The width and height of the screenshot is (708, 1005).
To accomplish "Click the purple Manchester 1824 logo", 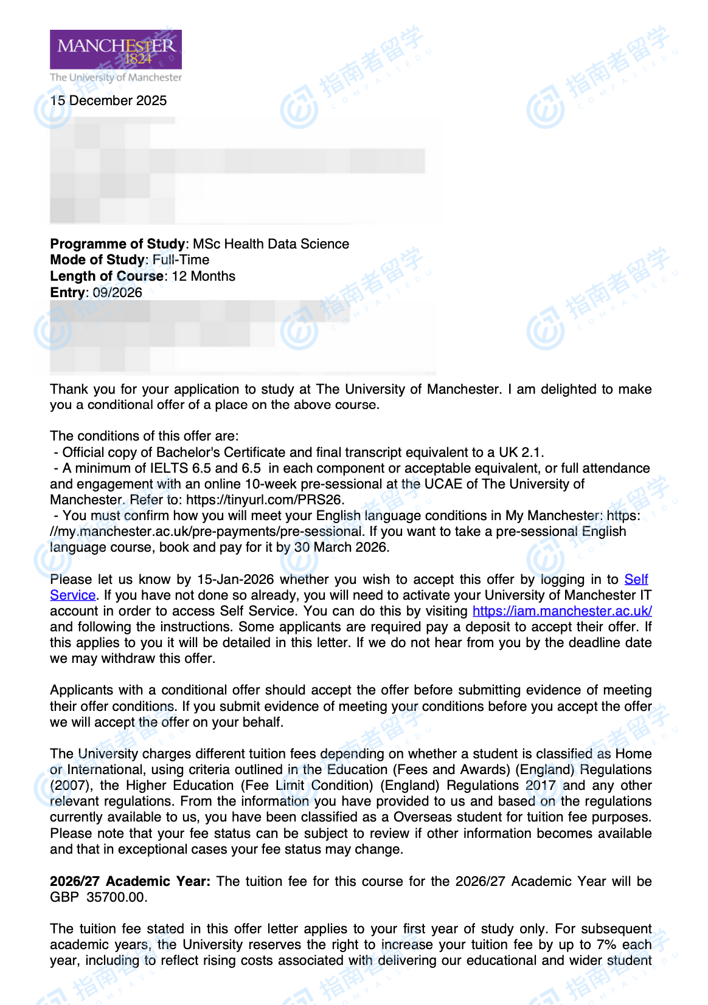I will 116,50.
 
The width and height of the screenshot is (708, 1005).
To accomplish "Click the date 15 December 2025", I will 108,101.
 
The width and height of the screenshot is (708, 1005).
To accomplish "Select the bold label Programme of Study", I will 117,244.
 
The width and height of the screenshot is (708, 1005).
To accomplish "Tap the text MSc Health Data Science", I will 271,244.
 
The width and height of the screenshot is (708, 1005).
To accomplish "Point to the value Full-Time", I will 181,260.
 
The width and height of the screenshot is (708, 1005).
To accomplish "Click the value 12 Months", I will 203,276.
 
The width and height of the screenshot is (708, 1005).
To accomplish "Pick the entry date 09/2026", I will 117,293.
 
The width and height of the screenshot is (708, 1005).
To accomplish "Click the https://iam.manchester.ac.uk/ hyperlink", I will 562,611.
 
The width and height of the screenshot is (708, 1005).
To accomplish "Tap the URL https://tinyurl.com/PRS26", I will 265,500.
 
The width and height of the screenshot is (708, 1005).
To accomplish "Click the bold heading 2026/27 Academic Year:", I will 130,882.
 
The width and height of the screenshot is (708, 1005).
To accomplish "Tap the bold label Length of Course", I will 106,276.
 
